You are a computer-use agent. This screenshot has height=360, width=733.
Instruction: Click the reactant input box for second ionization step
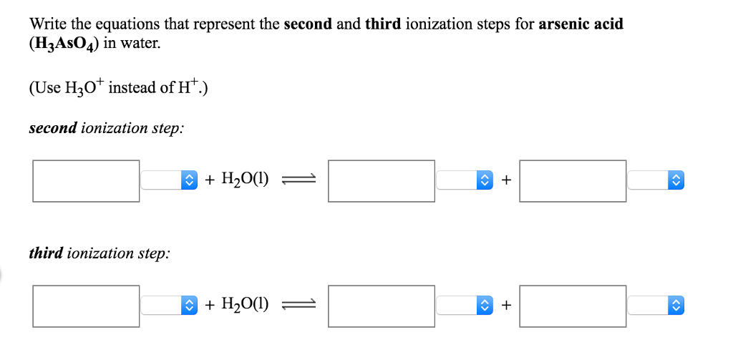point(86,180)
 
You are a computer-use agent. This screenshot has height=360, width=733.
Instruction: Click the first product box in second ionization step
point(382,180)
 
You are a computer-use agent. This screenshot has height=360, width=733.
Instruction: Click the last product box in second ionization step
point(573,180)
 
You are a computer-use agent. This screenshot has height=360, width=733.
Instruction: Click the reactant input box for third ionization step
point(86,306)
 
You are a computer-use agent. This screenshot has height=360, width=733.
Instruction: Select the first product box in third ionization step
point(382,306)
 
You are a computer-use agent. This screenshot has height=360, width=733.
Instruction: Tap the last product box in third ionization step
point(573,306)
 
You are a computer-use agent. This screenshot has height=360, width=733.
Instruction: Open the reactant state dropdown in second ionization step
point(169,180)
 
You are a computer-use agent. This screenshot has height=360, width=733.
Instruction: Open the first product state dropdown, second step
point(465,180)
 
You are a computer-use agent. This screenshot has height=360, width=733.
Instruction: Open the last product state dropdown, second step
point(656,180)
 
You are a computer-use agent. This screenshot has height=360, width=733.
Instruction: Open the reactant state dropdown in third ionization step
point(169,306)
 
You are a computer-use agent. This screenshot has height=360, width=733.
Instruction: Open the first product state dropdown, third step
point(465,306)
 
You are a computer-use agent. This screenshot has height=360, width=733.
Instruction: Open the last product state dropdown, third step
point(656,306)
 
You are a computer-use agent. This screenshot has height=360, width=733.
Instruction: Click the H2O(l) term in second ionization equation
point(246,180)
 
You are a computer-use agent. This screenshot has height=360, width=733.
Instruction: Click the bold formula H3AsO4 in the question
point(64,43)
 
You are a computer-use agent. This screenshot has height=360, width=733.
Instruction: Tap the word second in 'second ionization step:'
point(52,129)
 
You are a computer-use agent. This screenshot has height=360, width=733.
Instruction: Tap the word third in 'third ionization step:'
point(45,253)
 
